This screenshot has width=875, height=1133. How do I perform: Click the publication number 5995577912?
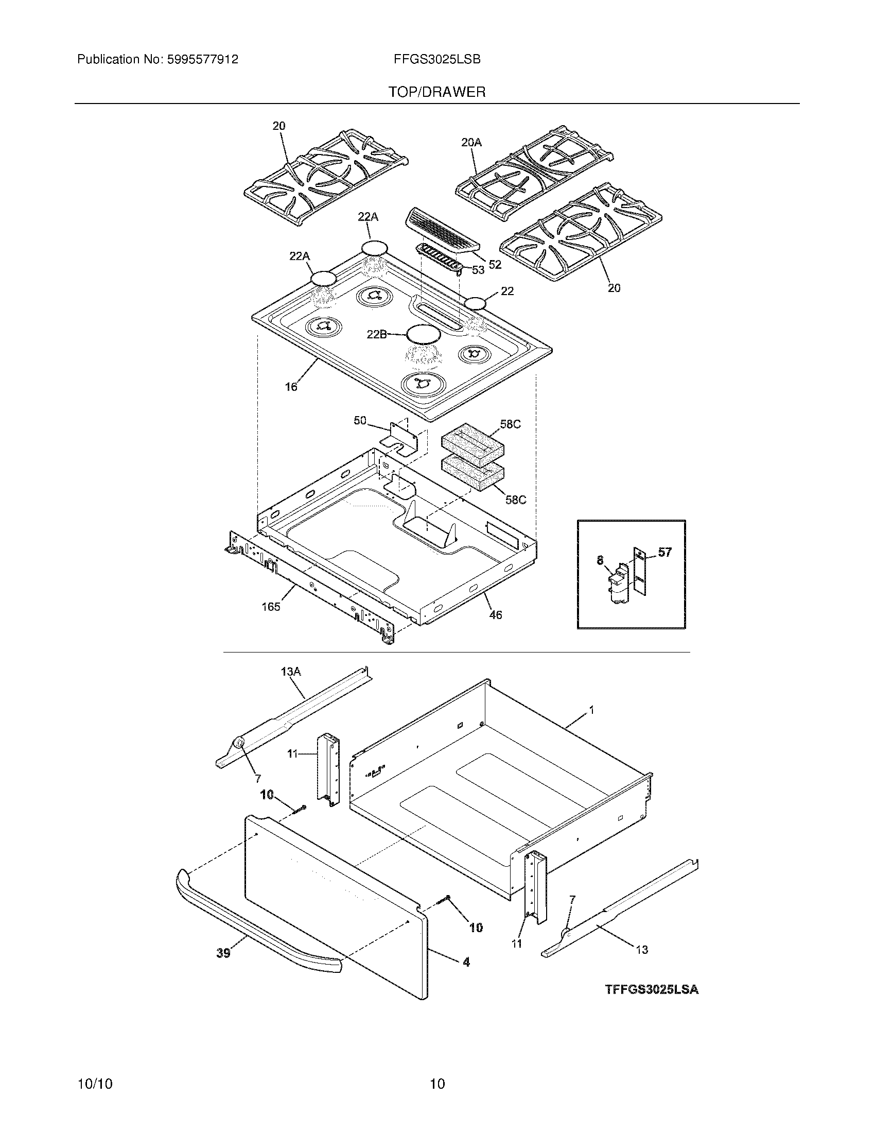tap(203, 60)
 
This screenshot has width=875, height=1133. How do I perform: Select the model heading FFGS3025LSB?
tap(437, 60)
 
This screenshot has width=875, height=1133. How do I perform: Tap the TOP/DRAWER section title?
tap(437, 92)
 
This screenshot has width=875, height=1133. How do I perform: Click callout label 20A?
tap(471, 142)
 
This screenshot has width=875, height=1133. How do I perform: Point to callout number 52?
tap(495, 265)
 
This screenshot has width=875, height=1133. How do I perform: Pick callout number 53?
tap(478, 270)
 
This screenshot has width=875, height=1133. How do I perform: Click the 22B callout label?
tap(377, 335)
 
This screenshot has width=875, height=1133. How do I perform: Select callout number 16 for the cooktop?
tap(291, 386)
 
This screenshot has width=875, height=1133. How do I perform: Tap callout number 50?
tap(360, 421)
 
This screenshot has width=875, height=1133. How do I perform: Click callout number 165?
tap(271, 607)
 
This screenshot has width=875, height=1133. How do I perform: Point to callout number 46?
tap(496, 615)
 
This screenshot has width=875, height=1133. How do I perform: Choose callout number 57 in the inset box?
tap(664, 553)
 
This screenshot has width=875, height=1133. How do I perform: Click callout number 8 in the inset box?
tap(600, 560)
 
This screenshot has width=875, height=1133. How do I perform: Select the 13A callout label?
tap(291, 672)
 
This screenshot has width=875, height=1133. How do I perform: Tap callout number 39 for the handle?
tap(223, 953)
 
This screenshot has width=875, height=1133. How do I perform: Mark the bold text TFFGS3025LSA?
tap(652, 990)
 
